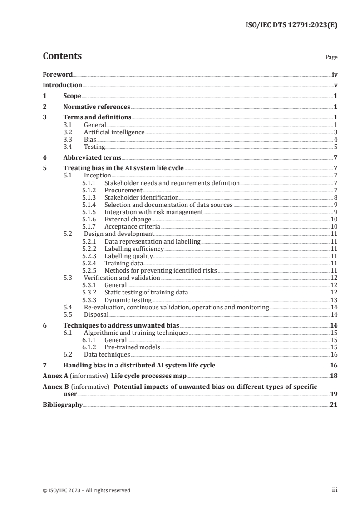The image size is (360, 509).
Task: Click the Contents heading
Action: pyautogui.click(x=62, y=56)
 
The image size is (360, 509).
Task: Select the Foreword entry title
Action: pyautogui.click(x=58, y=74)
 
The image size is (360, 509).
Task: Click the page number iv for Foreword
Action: pyautogui.click(x=335, y=74)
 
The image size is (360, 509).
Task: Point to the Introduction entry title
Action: pyautogui.click(x=62, y=85)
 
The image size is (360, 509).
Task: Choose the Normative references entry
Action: pyautogui.click(x=97, y=107)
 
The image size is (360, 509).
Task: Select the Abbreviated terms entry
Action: pyautogui.click(x=92, y=157)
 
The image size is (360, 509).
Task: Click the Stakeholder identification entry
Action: pyautogui.click(x=142, y=197)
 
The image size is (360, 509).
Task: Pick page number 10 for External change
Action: pyautogui.click(x=333, y=219)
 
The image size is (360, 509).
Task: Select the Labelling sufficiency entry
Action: pyautogui.click(x=134, y=249)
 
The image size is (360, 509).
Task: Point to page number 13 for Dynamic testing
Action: pyautogui.click(x=333, y=299)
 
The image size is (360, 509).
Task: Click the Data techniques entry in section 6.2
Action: pyautogui.click(x=107, y=354)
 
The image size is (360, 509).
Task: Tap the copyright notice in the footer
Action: pyautogui.click(x=87, y=490)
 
